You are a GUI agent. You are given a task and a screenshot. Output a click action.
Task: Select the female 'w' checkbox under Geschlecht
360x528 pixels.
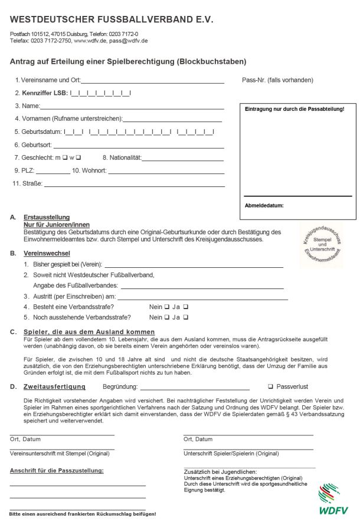click(78, 158)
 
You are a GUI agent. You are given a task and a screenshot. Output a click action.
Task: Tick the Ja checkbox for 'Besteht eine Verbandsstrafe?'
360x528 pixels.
click(186, 307)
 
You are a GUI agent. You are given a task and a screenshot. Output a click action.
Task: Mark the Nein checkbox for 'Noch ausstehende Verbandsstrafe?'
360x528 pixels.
click(167, 317)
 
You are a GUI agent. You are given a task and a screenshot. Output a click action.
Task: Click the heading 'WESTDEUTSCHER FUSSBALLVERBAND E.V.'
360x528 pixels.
click(112, 19)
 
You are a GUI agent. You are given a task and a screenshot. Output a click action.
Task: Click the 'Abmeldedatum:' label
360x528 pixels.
click(264, 205)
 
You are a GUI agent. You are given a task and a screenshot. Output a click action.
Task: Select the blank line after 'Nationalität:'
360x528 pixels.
click(182, 159)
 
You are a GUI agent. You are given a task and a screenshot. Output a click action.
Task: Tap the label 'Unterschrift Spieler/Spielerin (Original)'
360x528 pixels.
click(231, 454)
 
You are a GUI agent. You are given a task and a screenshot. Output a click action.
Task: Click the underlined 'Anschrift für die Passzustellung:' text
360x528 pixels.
click(57, 470)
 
